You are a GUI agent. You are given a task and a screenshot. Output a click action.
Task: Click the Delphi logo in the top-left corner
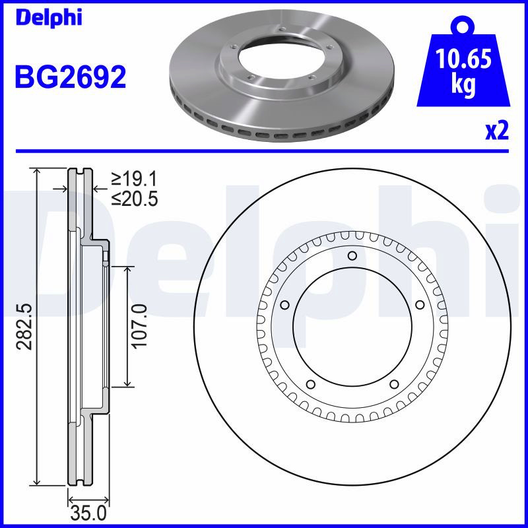[49, 18]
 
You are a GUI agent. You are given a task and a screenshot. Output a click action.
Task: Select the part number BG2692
[71, 77]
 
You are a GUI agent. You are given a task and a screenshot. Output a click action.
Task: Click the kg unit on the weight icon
[463, 85]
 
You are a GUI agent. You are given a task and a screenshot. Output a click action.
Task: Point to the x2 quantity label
[497, 131]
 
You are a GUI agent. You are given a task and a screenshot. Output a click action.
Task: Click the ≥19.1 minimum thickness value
[135, 179]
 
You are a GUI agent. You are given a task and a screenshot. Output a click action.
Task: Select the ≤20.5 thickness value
[135, 199]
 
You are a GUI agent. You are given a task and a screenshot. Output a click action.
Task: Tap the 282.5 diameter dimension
[25, 326]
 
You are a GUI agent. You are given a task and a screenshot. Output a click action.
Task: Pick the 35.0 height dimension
[88, 514]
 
